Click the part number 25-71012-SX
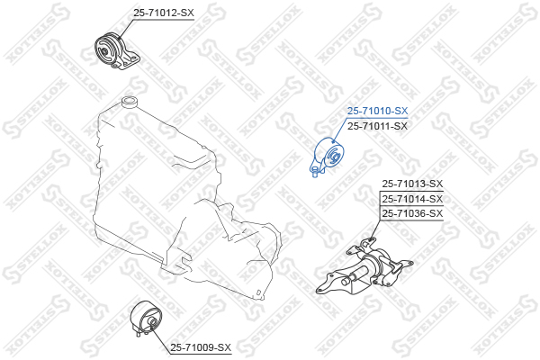(164, 13)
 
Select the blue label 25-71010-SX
(377, 111)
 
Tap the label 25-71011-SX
(377, 126)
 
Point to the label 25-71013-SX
(412, 184)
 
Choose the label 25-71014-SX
(412, 198)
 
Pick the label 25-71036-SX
(412, 213)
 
